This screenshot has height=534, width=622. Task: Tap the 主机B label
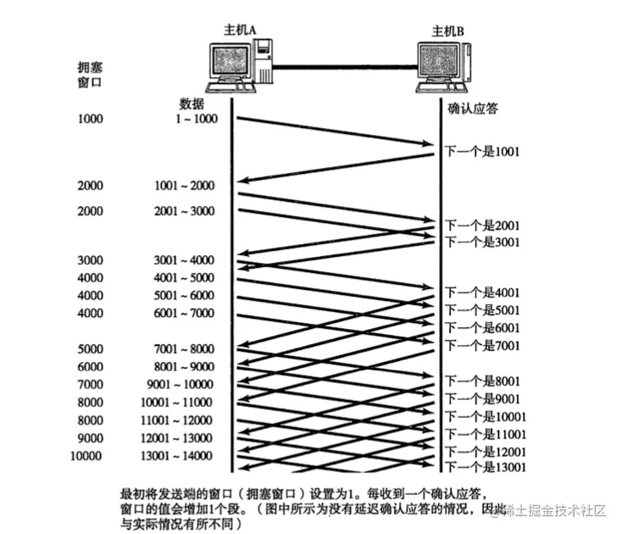pyautogui.click(x=448, y=31)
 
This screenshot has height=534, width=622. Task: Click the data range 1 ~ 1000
pyautogui.click(x=197, y=119)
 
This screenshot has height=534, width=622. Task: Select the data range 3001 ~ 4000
pyautogui.click(x=184, y=259)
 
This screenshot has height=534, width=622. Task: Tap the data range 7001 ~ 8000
pyautogui.click(x=184, y=348)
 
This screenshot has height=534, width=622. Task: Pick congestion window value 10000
pyautogui.click(x=87, y=455)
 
